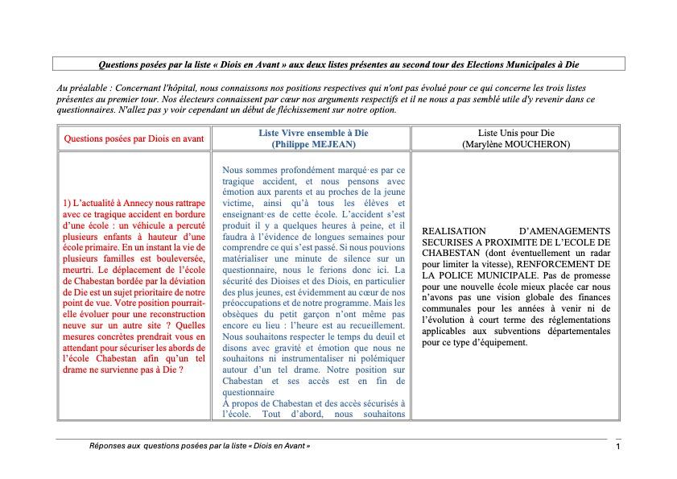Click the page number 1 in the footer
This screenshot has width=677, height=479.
click(x=617, y=447)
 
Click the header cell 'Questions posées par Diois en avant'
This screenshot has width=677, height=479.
click(x=134, y=138)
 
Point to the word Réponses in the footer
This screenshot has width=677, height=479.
click(x=107, y=445)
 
